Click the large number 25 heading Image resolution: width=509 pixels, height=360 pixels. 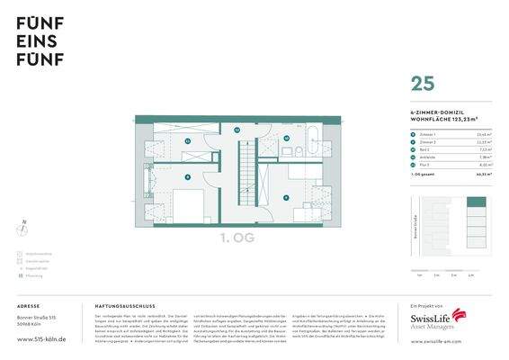pyautogui.click(x=422, y=84)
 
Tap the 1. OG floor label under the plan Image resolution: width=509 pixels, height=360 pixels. pyautogui.click(x=238, y=238)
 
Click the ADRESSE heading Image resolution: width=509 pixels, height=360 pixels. pyautogui.click(x=29, y=307)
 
